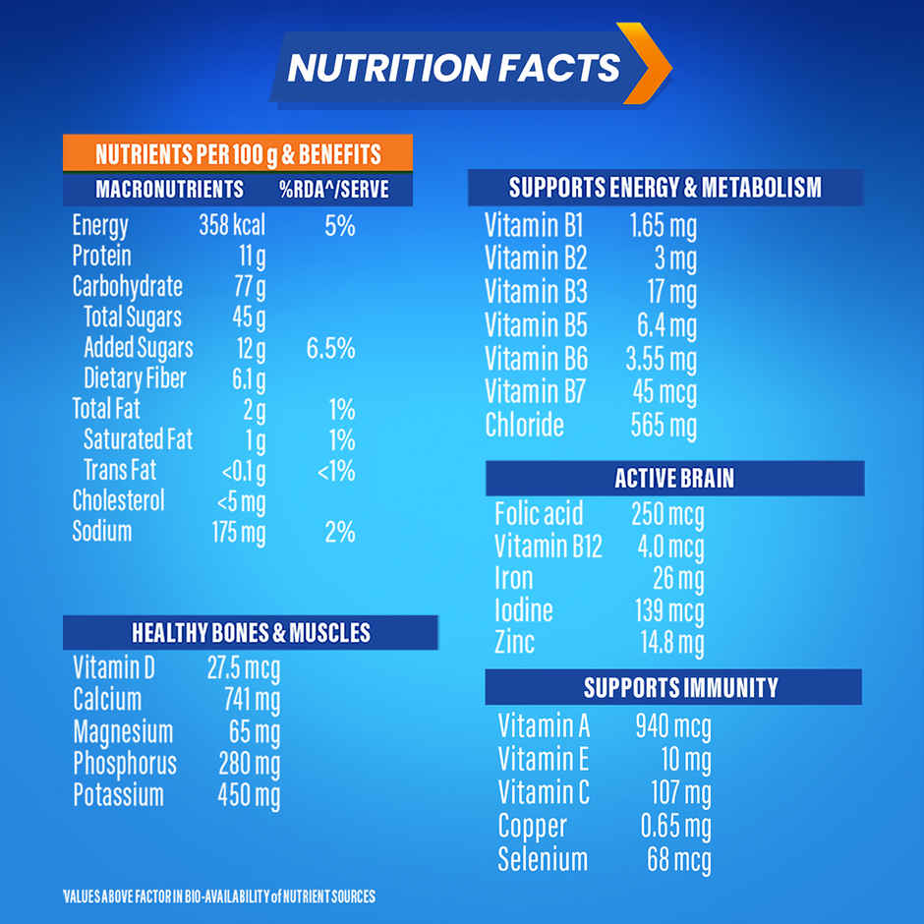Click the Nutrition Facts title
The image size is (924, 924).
453,68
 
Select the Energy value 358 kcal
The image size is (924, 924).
232,225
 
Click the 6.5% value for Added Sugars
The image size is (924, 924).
330,348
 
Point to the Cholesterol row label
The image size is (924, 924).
119,501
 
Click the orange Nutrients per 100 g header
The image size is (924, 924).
237,154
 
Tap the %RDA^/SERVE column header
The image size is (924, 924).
333,189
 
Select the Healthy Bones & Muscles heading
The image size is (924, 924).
251,632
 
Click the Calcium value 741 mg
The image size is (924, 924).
252,701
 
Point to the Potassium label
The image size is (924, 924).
118,795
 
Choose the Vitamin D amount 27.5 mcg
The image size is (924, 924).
243,669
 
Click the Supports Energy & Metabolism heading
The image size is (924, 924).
664,187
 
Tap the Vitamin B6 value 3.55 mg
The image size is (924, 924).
662,360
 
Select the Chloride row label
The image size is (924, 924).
524,426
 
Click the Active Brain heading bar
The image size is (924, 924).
674,479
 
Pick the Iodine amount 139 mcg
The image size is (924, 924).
668,610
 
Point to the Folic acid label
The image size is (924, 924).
538,513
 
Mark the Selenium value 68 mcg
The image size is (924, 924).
678,860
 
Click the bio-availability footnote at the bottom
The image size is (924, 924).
218,896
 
